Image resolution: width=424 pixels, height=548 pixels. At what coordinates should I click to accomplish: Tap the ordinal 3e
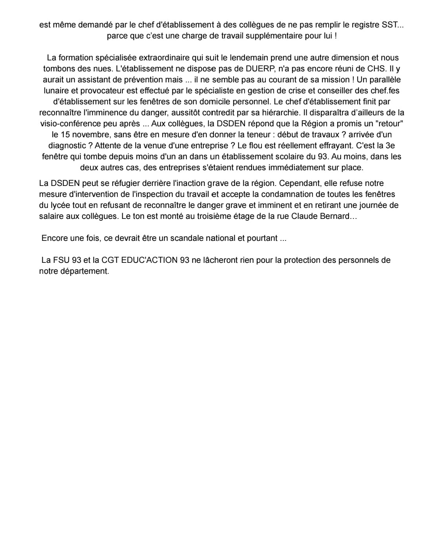point(390,146)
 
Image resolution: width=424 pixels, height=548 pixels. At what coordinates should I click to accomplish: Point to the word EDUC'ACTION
point(152,260)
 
